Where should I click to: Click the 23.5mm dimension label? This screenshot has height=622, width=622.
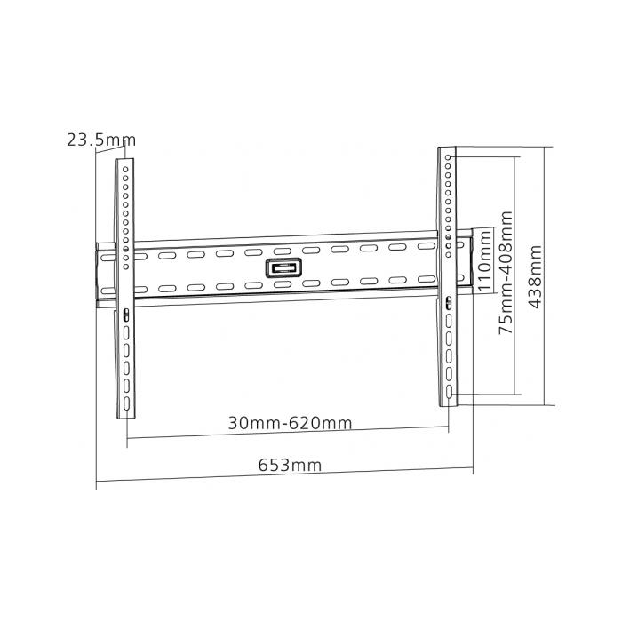pos(100,139)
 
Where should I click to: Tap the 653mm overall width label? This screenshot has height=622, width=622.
pos(290,464)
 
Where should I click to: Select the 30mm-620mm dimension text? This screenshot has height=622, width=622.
pos(289,424)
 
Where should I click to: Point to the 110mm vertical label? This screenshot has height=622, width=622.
pos(484,262)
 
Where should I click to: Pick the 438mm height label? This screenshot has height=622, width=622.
pos(535,275)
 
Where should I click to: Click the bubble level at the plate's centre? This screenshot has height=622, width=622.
pos(282,267)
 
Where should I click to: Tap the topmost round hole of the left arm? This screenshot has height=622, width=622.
pos(126,165)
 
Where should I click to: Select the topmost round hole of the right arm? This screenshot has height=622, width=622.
pos(450,159)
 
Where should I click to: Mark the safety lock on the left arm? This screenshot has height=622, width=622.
pos(125,313)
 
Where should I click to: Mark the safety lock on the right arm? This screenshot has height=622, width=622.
pos(449,303)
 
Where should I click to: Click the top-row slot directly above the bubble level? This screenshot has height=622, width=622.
pos(282,250)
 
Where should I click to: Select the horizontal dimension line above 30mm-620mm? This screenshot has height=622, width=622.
pos(289,435)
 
